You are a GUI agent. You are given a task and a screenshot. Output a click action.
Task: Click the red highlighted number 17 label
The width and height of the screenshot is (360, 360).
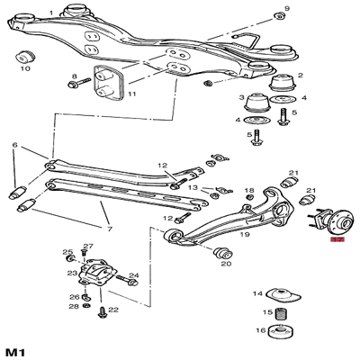pos(337,240)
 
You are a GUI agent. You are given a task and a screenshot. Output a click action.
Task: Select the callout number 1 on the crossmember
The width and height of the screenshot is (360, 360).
pos(50,12)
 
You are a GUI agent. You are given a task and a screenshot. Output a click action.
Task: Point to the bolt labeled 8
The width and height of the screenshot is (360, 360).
pos(73,86)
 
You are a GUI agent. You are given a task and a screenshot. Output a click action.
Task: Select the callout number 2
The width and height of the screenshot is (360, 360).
pos(300,76)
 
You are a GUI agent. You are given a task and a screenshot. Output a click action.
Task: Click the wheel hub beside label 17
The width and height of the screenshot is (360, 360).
pos(318,223)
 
